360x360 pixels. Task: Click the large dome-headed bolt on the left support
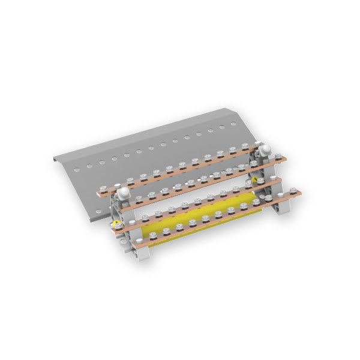[x=124, y=193]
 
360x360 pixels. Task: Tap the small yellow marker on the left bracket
[x=116, y=226]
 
